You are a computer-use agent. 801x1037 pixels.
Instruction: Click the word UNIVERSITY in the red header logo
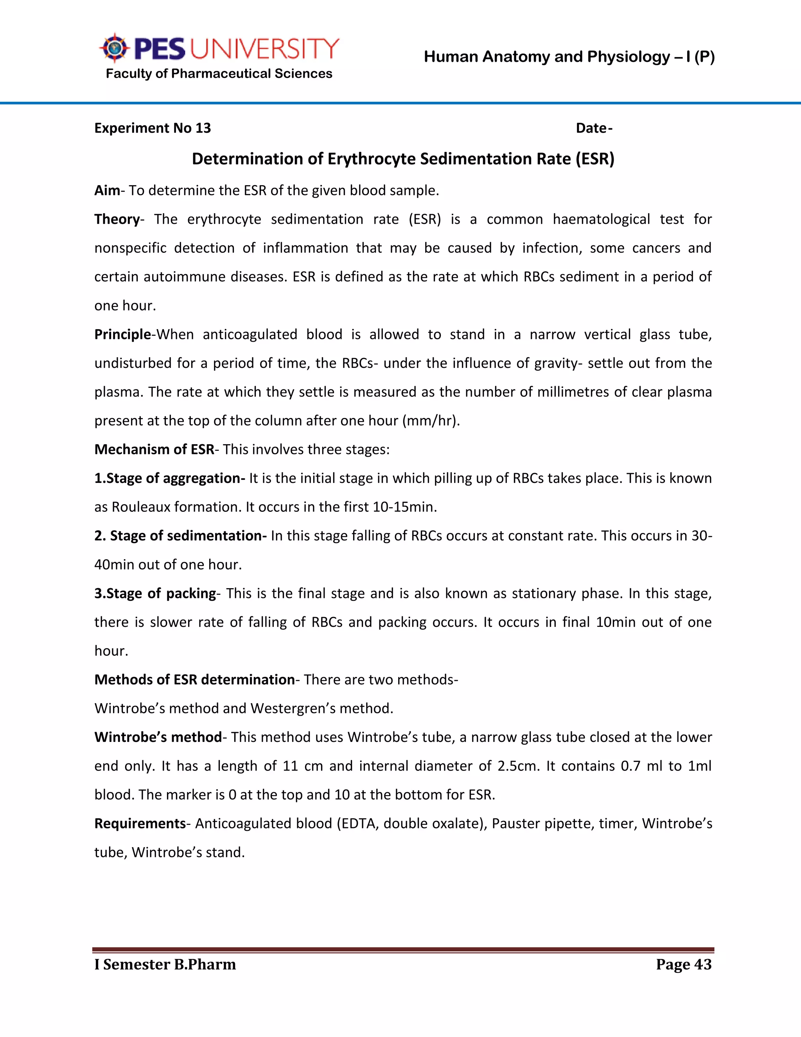265,49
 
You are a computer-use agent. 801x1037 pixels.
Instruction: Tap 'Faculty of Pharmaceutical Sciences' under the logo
219,74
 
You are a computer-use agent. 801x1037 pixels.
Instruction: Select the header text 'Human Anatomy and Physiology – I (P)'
569,57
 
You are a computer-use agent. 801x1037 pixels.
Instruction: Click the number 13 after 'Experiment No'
203,128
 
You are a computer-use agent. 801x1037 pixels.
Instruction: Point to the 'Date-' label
594,128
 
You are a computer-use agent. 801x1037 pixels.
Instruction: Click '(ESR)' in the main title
594,158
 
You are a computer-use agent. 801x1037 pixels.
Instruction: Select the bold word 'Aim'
107,191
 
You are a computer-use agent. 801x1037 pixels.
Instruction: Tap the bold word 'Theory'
117,220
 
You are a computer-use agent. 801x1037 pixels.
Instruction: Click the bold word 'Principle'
122,334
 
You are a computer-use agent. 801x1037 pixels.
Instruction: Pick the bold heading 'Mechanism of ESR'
154,449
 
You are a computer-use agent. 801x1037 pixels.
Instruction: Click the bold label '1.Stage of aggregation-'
169,478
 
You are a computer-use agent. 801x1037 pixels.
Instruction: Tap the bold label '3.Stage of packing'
155,594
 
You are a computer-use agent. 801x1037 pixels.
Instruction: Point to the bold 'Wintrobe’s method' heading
158,737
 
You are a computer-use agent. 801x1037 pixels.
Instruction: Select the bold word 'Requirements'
140,823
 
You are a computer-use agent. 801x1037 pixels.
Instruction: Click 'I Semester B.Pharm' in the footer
165,964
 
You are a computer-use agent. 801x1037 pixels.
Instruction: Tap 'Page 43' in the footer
683,964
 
